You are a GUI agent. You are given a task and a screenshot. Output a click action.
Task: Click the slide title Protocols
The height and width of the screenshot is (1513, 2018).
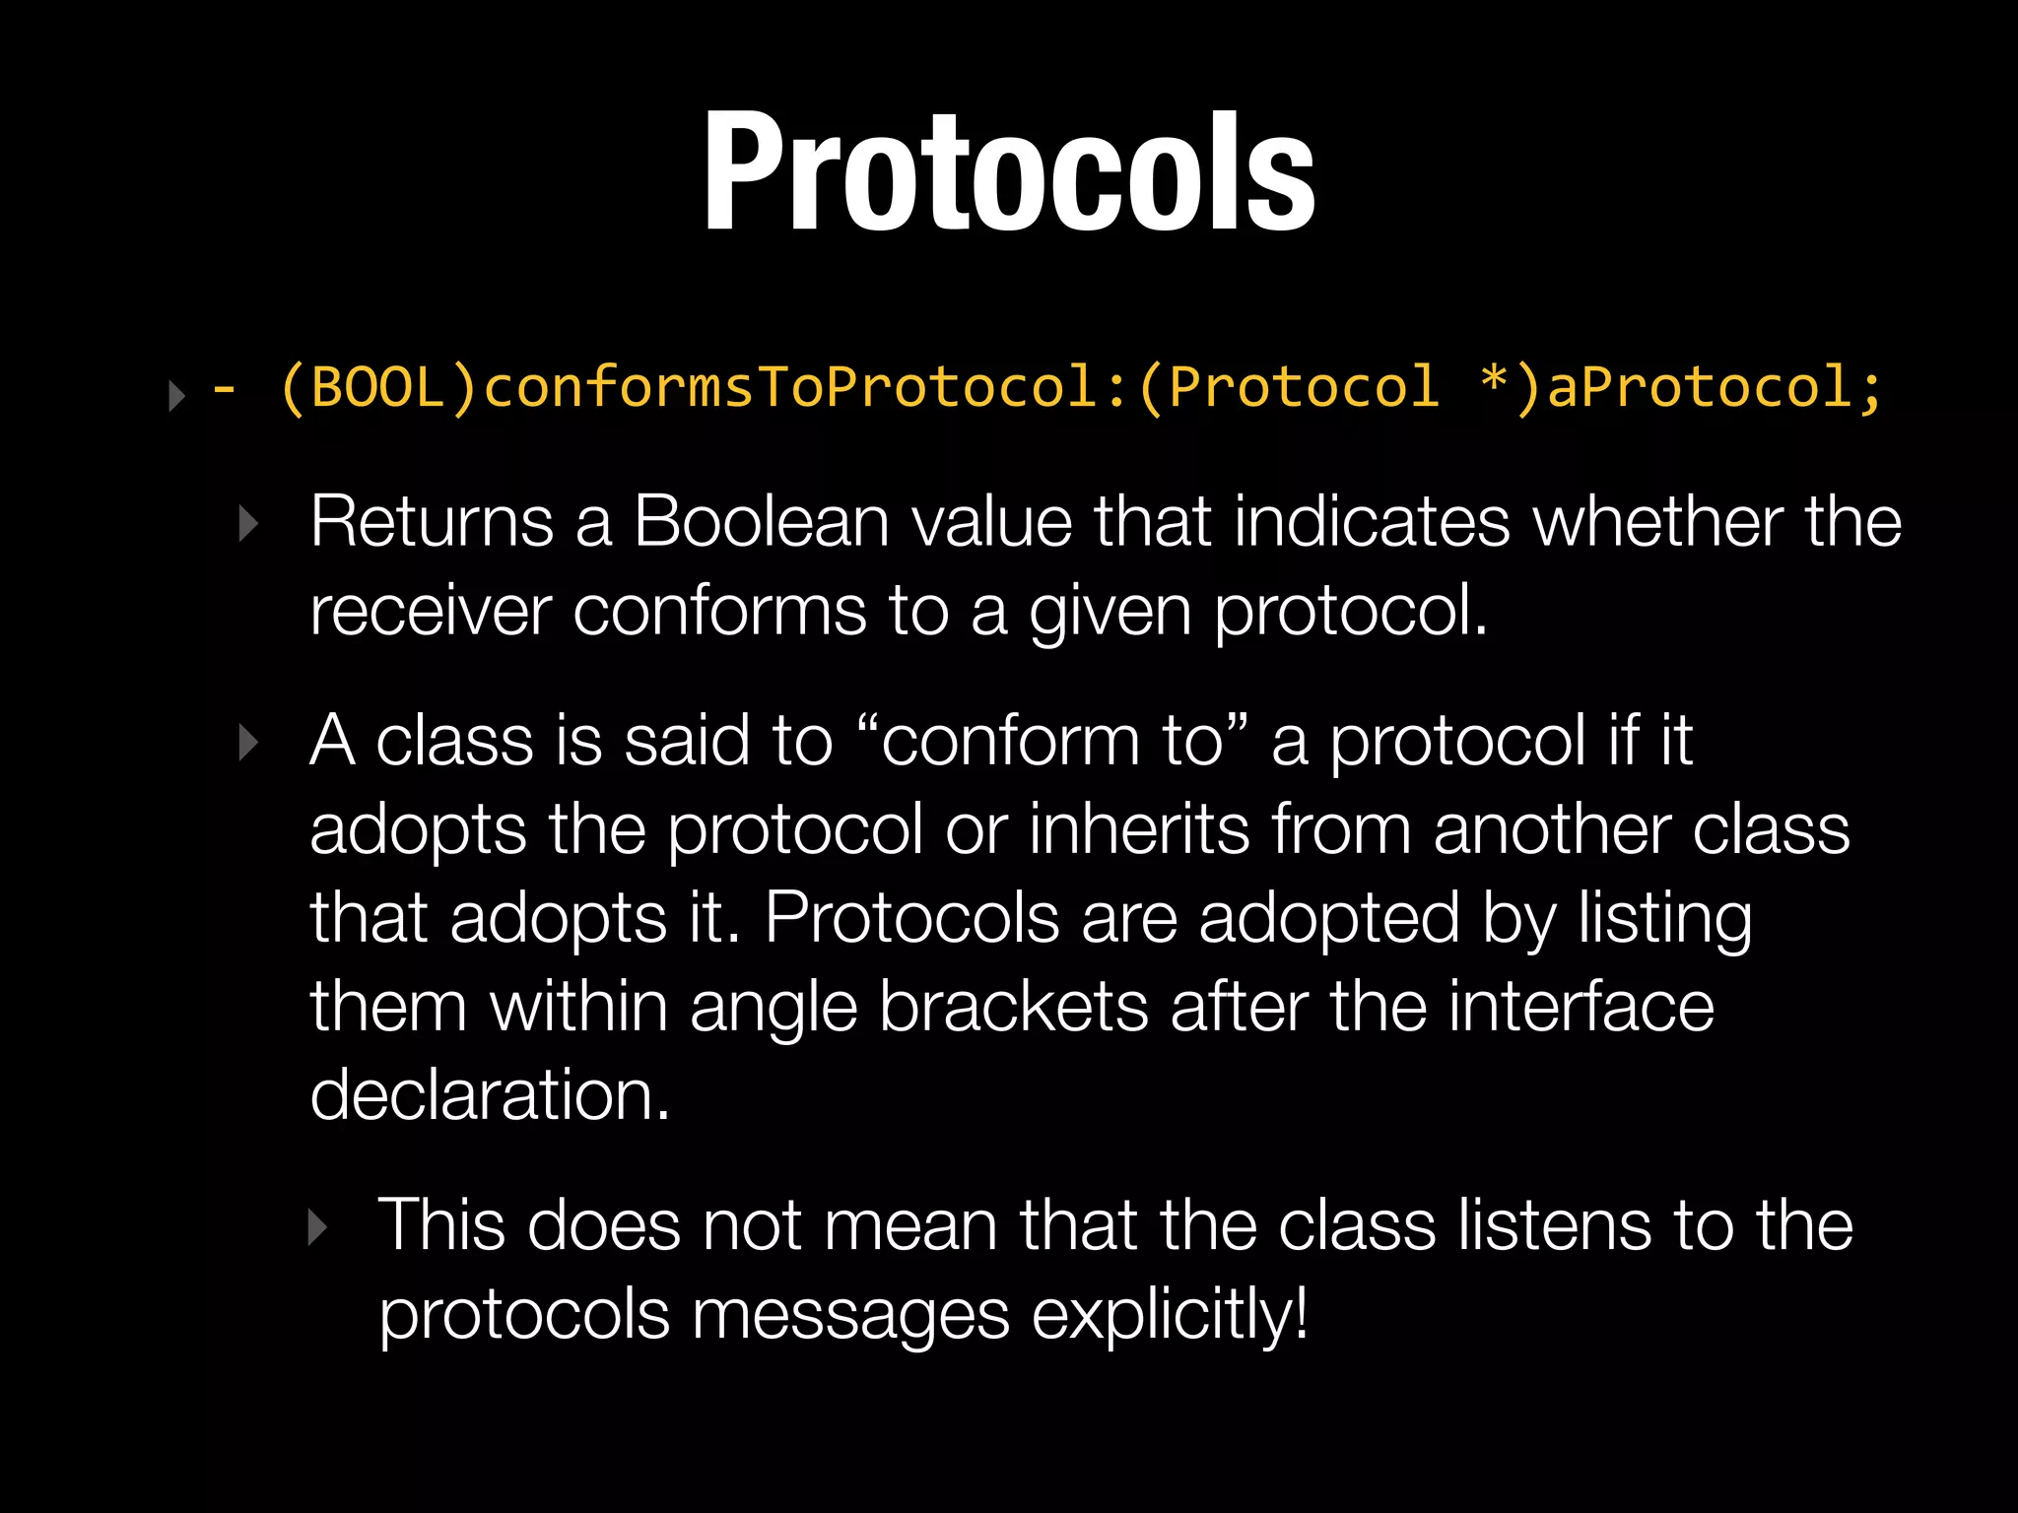point(1009,172)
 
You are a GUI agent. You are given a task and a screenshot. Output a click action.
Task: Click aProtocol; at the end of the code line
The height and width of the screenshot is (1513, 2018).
point(1715,387)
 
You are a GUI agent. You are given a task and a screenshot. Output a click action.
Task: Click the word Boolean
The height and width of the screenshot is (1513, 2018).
point(762,521)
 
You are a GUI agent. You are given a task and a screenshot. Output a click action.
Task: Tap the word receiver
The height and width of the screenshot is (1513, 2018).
point(430,611)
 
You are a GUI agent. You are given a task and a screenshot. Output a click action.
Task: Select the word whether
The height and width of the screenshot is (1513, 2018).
point(1657,521)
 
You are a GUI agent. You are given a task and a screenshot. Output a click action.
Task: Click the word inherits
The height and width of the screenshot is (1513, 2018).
point(1139,829)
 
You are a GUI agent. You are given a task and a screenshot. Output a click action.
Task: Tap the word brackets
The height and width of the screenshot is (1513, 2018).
point(1013,1007)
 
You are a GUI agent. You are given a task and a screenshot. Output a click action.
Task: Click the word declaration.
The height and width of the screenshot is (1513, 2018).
point(490,1095)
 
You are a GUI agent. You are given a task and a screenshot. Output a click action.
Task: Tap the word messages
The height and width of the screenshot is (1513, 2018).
point(850,1315)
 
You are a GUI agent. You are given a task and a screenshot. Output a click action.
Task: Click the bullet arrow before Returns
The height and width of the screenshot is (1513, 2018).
point(248,524)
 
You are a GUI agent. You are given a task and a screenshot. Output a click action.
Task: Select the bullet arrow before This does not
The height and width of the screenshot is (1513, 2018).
point(316,1227)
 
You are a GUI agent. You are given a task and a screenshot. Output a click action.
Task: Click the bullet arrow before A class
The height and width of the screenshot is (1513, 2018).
point(248,743)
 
